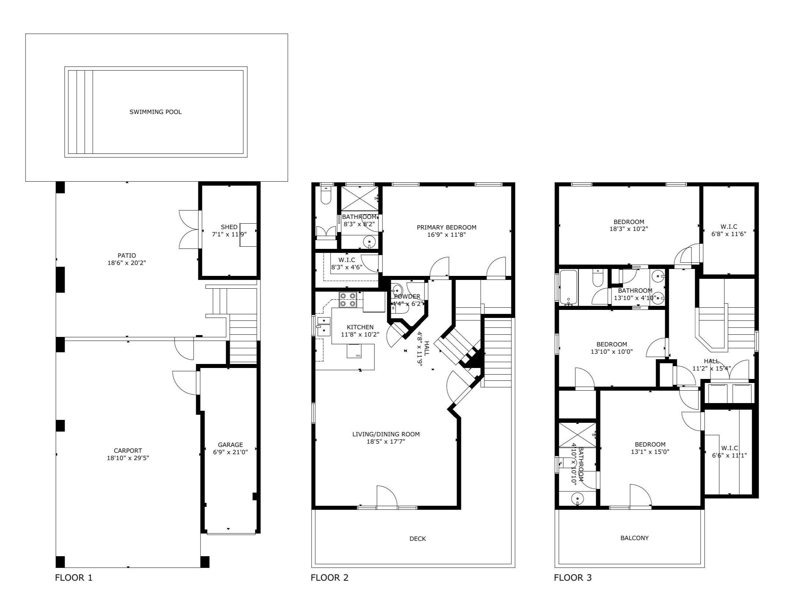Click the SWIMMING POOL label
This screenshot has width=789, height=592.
[x=156, y=112]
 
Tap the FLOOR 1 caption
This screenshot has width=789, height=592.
[x=74, y=578]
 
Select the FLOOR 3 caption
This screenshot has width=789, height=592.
[x=573, y=578]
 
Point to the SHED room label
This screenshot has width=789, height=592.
[x=229, y=227]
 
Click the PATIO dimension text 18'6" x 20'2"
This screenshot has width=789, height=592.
[x=127, y=263]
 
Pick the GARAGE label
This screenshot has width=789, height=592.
[x=230, y=445]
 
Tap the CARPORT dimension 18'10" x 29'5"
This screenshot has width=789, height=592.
[x=128, y=458]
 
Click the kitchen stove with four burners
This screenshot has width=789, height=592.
[x=348, y=300]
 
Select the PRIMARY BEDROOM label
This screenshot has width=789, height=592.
[x=446, y=227]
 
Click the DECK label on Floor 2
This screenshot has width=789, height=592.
[x=418, y=539]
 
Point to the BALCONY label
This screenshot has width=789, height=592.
[x=634, y=538]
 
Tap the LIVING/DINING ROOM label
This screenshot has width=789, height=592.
[x=386, y=434]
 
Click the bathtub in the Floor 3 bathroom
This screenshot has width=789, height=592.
[x=568, y=287]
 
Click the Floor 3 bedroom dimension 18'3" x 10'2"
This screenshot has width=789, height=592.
[x=628, y=229]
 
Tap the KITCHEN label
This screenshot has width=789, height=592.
[x=360, y=327]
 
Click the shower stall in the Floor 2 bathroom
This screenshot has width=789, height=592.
[x=360, y=198]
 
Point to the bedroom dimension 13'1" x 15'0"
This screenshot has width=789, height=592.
[x=650, y=452]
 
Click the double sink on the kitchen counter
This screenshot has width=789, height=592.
[x=324, y=326]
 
